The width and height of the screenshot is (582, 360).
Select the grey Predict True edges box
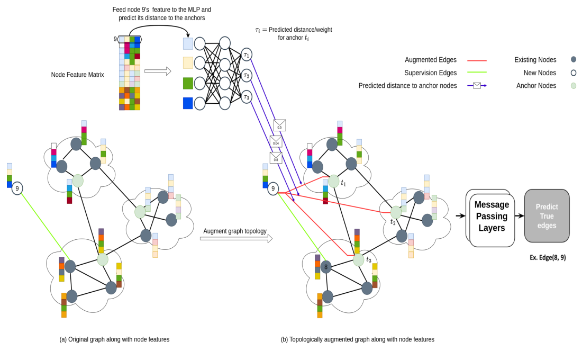pyautogui.click(x=547, y=215)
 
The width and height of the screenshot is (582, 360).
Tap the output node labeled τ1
pyautogui.click(x=247, y=54)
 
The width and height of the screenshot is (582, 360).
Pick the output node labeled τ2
pyautogui.click(x=247, y=75)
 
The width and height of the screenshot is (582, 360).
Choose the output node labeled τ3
pyautogui.click(x=247, y=97)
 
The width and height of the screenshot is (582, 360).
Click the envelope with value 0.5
pyautogui.click(x=279, y=125)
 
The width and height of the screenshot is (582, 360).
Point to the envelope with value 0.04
pyautogui.click(x=276, y=141)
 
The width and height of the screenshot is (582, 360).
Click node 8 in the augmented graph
pyautogui.click(x=326, y=267)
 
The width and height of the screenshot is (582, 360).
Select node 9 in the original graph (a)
pyautogui.click(x=17, y=188)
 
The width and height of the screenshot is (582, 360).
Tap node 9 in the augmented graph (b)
pyautogui.click(x=273, y=188)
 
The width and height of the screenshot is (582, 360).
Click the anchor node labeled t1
pyautogui.click(x=334, y=181)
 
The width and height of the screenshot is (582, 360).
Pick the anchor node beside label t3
pyautogui.click(x=359, y=260)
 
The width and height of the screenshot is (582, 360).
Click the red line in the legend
pyautogui.click(x=477, y=60)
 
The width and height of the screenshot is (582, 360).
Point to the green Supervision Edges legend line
pyautogui.click(x=477, y=73)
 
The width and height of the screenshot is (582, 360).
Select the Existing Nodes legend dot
pyautogui.click(x=574, y=60)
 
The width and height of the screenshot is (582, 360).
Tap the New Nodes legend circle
pyautogui.click(x=574, y=73)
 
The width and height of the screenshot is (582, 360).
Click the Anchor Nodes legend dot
pyautogui.click(x=574, y=86)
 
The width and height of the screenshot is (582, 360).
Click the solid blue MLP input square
pyautogui.click(x=188, y=103)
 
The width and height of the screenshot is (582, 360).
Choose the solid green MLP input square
pyautogui.click(x=188, y=83)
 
